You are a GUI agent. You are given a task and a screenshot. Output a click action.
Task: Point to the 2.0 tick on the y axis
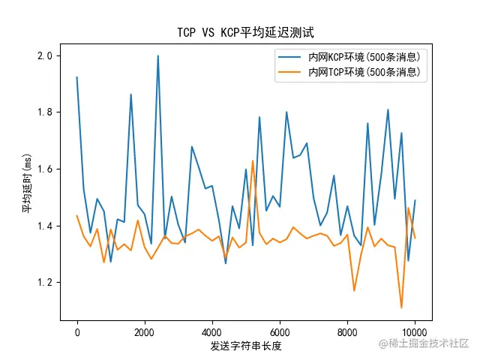(x=45, y=55)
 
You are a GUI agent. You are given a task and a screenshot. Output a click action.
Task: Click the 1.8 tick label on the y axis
(x=45, y=112)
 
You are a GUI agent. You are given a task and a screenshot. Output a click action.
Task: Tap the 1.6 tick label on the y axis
(x=45, y=169)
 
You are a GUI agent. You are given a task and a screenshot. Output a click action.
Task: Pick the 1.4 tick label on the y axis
(x=45, y=226)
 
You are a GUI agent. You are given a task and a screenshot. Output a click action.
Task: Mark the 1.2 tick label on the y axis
(x=45, y=283)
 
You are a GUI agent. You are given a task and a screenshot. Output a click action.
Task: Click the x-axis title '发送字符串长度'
(x=245, y=345)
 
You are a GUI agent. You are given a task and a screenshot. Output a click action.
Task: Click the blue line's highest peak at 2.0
(x=157, y=55)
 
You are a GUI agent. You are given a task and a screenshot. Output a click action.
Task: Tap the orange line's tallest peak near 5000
(x=253, y=160)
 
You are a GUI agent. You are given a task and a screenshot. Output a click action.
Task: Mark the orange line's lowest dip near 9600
(x=401, y=307)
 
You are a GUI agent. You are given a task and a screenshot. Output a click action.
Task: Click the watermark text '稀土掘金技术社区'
(x=424, y=343)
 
